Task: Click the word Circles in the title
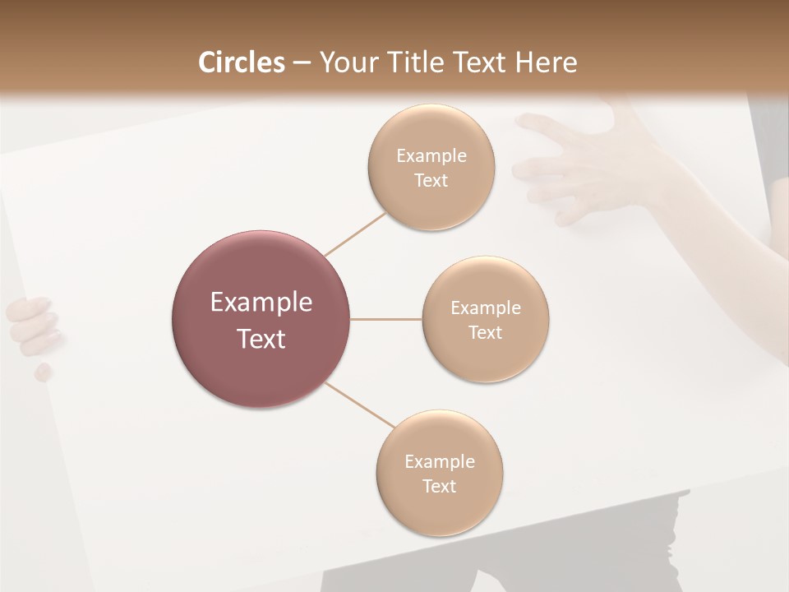pyautogui.click(x=241, y=62)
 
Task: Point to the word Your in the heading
pyautogui.click(x=348, y=62)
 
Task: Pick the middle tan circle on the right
pyautogui.click(x=486, y=358)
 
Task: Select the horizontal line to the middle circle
pyautogui.click(x=386, y=319)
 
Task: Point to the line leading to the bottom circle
pyautogui.click(x=360, y=405)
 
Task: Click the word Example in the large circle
pyautogui.click(x=261, y=303)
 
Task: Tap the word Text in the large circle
pyautogui.click(x=261, y=339)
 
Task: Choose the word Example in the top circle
pyautogui.click(x=431, y=156)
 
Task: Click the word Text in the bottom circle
pyautogui.click(x=440, y=486)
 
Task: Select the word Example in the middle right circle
pyautogui.click(x=486, y=308)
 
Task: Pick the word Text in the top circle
pyautogui.click(x=431, y=181)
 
